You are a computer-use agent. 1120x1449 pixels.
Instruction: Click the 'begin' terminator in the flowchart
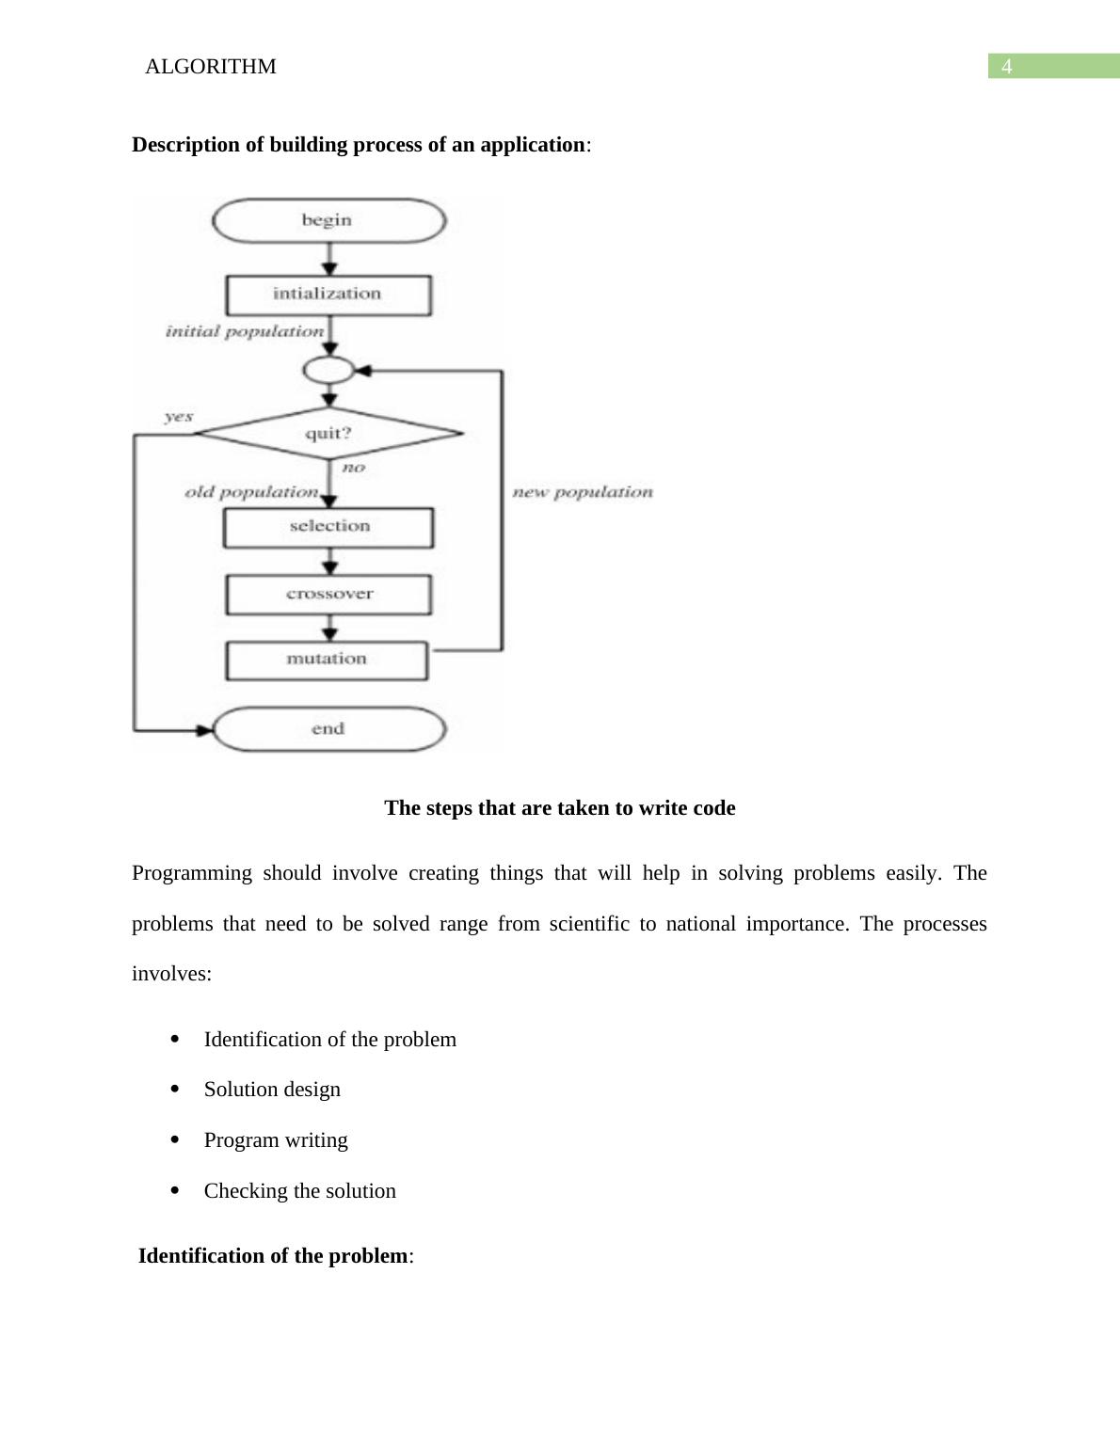328,221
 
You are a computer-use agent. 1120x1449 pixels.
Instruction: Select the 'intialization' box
328,295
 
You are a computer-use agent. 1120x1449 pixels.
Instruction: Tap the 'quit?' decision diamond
328,434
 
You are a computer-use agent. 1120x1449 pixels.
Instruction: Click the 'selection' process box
328,527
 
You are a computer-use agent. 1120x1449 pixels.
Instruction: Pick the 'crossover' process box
328,595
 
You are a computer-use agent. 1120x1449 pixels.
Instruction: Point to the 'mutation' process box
327,660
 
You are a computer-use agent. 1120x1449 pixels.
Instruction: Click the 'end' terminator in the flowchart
328,729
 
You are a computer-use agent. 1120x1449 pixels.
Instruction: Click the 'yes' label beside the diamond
178,417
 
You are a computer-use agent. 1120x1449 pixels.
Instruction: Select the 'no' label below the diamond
353,468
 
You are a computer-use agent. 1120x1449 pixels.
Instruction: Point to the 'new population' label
582,492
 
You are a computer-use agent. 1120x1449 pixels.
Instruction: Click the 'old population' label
251,492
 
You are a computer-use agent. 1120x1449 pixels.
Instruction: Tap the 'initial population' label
245,331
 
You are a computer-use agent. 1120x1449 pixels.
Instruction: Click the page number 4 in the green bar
1007,67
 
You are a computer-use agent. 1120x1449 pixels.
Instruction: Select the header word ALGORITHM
211,67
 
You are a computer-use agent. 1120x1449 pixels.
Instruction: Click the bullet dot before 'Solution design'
175,1089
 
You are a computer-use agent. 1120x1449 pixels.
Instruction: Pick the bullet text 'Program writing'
276,1140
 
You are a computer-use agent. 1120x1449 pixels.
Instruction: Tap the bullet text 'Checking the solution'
300,1191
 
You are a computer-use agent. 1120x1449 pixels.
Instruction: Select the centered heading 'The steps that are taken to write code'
560,808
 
